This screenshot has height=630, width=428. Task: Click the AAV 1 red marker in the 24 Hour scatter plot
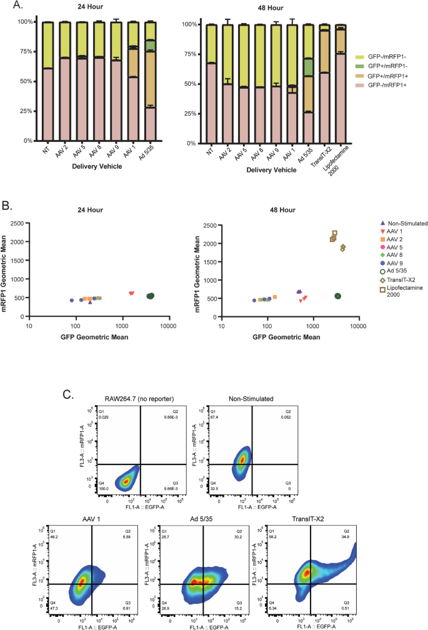[x=131, y=293]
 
